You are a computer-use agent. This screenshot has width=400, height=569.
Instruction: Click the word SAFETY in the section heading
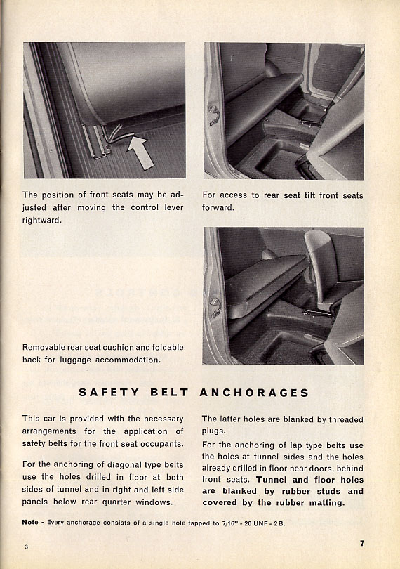pos(109,393)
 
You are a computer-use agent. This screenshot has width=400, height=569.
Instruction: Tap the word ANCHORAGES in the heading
pos(254,393)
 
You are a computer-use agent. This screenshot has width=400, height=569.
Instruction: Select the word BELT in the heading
pos(169,393)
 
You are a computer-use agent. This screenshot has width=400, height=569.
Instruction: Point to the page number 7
pos(362,543)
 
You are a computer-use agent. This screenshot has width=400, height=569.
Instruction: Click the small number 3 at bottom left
pos(27,547)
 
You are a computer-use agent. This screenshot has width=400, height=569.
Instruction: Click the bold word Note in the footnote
pos(30,522)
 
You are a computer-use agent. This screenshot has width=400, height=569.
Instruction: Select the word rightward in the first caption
pos(41,221)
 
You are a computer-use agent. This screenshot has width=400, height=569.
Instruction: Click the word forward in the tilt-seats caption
pos(218,207)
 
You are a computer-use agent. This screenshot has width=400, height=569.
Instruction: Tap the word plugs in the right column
pos(213,431)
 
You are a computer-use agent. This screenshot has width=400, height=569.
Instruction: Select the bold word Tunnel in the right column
pos(272,480)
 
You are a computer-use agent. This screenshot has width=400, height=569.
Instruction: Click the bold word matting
pos(327,503)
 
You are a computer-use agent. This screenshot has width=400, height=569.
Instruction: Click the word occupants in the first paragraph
pos(166,444)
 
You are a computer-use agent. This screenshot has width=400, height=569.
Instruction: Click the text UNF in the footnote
pos(260,523)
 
